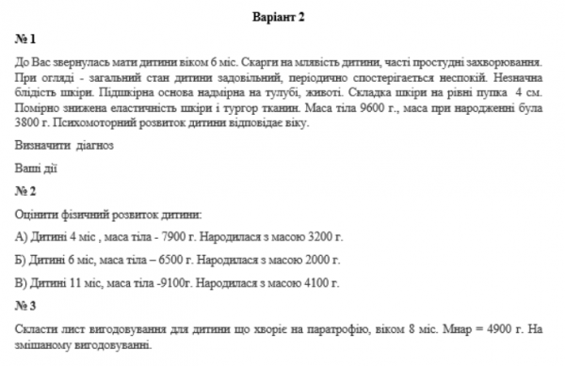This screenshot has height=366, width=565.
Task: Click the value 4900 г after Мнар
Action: tap(495, 329)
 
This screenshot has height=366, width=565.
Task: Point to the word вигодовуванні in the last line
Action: tap(115, 345)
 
